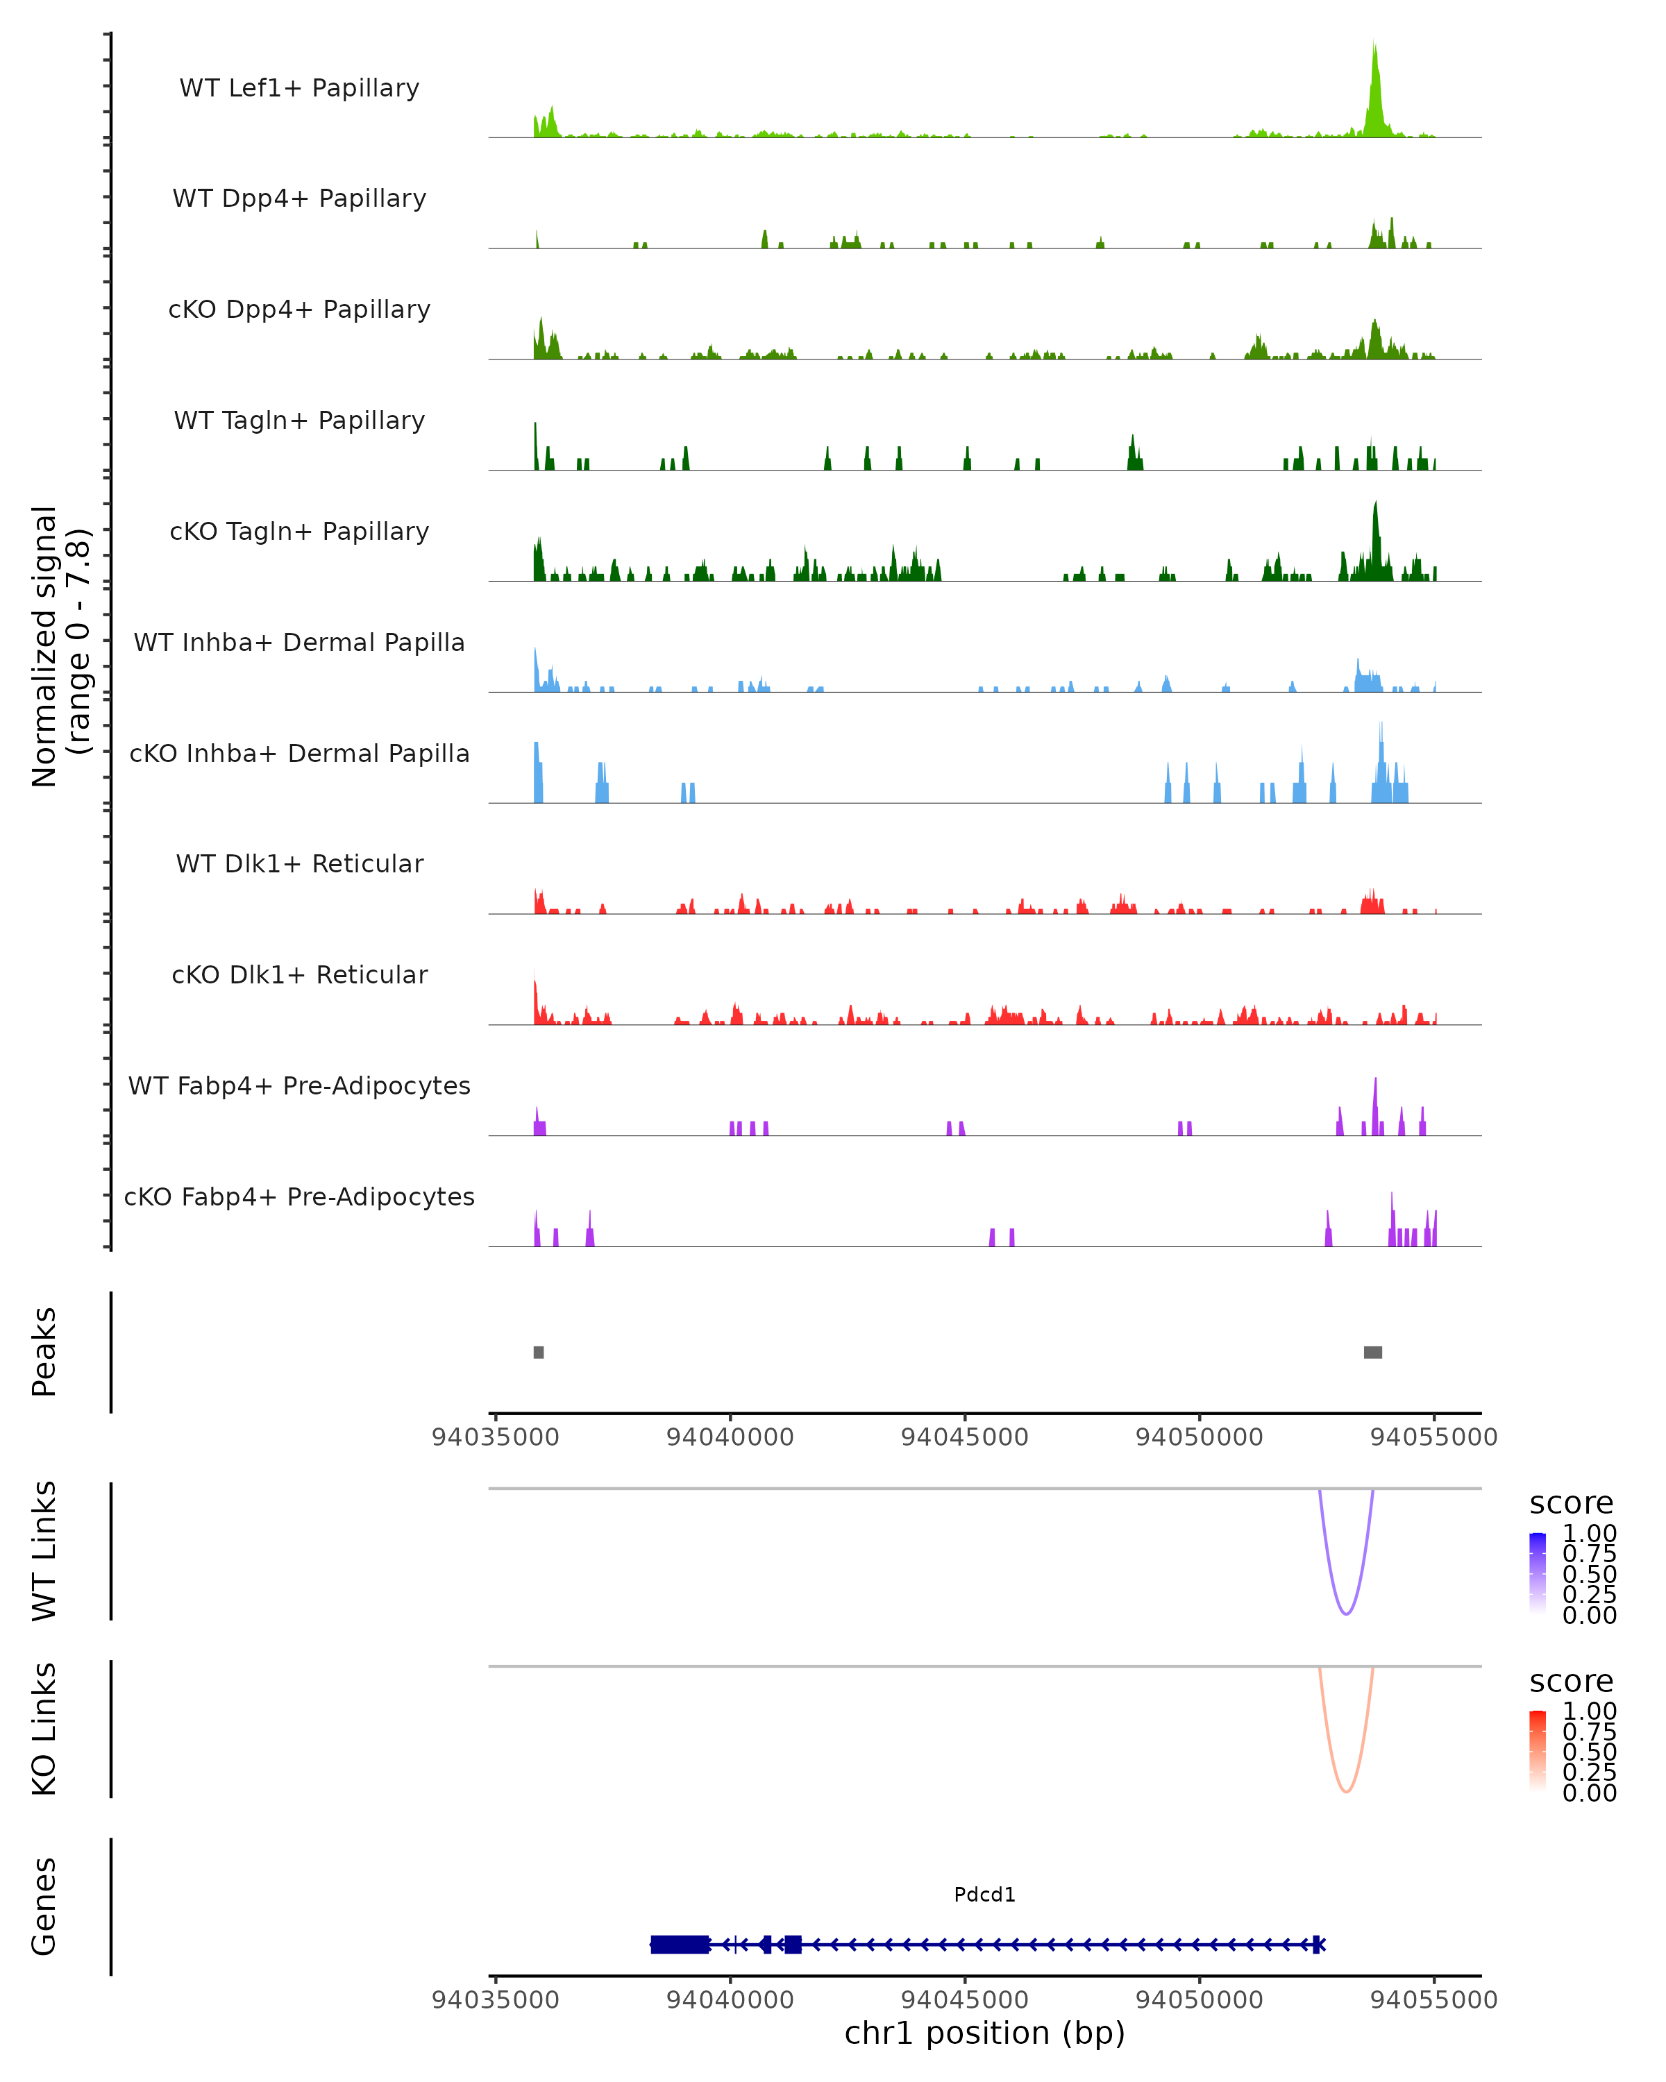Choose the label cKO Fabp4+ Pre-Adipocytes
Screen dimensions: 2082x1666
(299, 1196)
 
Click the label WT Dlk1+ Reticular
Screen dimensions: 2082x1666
(299, 863)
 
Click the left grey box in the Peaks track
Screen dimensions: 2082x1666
(539, 1352)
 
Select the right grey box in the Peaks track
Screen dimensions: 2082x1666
(1372, 1352)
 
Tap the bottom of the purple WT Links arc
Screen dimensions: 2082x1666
(1345, 1613)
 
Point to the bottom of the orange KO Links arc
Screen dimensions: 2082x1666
(1345, 1791)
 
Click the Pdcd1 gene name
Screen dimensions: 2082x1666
(984, 1895)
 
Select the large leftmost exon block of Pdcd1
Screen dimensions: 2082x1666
(680, 1944)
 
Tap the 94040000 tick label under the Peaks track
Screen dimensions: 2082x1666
(730, 1437)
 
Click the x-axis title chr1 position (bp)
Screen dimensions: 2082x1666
(984, 2033)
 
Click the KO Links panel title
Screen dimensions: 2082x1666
(44, 1729)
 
